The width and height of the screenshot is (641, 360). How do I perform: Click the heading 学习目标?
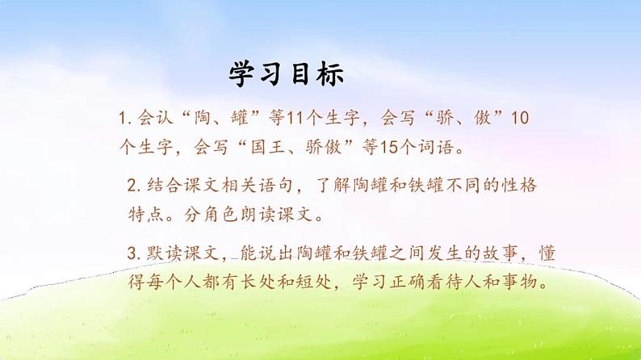287,74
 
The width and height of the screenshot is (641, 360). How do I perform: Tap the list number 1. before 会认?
124,119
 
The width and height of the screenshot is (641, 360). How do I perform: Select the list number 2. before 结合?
134,186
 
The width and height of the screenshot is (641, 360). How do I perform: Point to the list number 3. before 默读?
134,253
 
